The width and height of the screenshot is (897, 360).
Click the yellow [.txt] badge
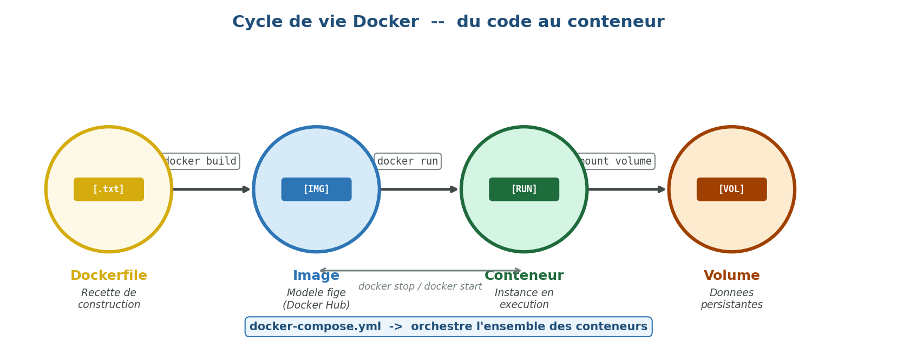pyautogui.click(x=109, y=189)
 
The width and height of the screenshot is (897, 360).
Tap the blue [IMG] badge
pyautogui.click(x=316, y=189)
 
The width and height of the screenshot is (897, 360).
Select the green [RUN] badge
pyautogui.click(x=524, y=189)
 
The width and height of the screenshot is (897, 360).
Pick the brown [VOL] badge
pyautogui.click(x=731, y=189)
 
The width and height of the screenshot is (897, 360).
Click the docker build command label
pyautogui.click(x=201, y=161)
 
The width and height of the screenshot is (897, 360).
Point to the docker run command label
pyautogui.click(x=408, y=161)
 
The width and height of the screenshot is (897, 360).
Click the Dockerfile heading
pyautogui.click(x=109, y=276)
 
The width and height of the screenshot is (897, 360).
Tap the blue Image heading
pyautogui.click(x=316, y=276)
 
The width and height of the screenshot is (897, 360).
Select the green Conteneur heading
pyautogui.click(x=524, y=276)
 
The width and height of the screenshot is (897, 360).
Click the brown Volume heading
pyautogui.click(x=731, y=276)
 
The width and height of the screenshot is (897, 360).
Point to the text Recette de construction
pyautogui.click(x=109, y=299)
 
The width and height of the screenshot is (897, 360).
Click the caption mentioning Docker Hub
pyautogui.click(x=316, y=299)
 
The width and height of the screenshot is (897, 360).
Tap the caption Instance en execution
pyautogui.click(x=524, y=299)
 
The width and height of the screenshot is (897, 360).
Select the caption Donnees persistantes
pyautogui.click(x=731, y=299)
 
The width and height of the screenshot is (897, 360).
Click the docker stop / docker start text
pyautogui.click(x=420, y=287)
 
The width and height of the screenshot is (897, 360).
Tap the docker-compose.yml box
pyautogui.click(x=448, y=327)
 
